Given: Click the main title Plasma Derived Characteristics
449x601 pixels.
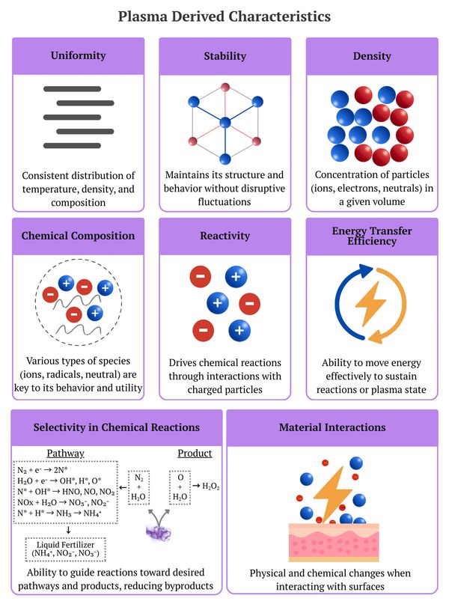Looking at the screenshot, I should (x=224, y=16).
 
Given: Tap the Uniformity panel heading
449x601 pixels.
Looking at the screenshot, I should (x=78, y=55).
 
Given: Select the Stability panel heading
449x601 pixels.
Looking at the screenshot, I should (x=225, y=55).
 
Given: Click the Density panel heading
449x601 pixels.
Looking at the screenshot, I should (x=372, y=55).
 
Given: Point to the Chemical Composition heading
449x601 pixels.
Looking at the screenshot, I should (x=78, y=236).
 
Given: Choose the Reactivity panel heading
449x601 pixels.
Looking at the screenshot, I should (x=225, y=236).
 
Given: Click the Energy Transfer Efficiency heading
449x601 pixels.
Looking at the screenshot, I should (x=372, y=236).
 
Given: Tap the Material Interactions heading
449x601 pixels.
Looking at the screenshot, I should (x=332, y=427).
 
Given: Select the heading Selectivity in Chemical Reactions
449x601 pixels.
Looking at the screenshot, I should (x=116, y=427).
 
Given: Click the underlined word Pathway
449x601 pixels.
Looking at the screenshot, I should (x=65, y=453).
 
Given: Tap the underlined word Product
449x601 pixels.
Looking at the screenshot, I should (x=195, y=453).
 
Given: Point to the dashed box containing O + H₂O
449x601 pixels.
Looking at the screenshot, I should (x=180, y=486).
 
